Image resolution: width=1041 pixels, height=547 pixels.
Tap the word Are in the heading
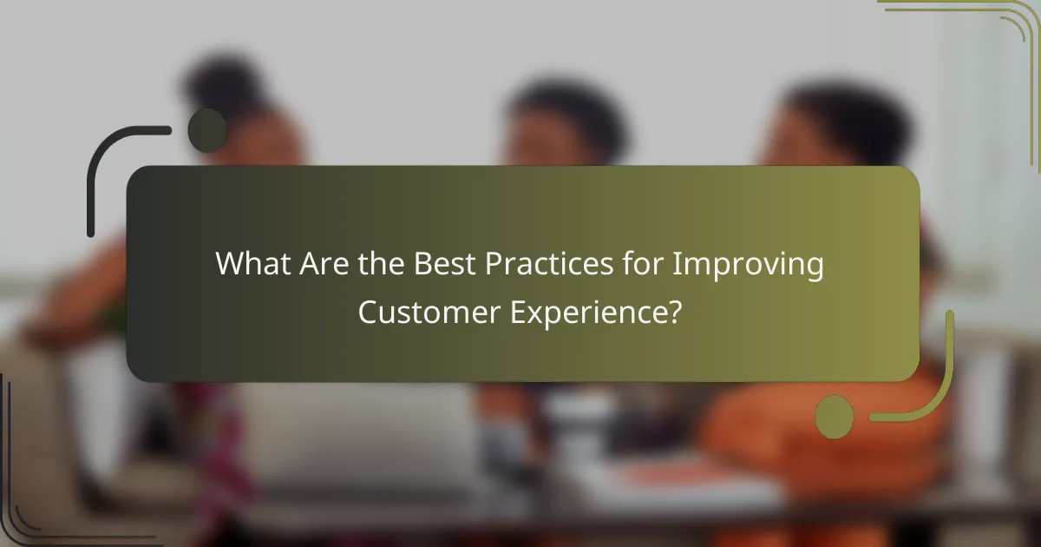point(326,264)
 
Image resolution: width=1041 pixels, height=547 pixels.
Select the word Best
point(444,264)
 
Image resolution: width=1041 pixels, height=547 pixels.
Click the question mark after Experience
point(671,312)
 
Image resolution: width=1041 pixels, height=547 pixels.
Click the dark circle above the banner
point(207,130)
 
